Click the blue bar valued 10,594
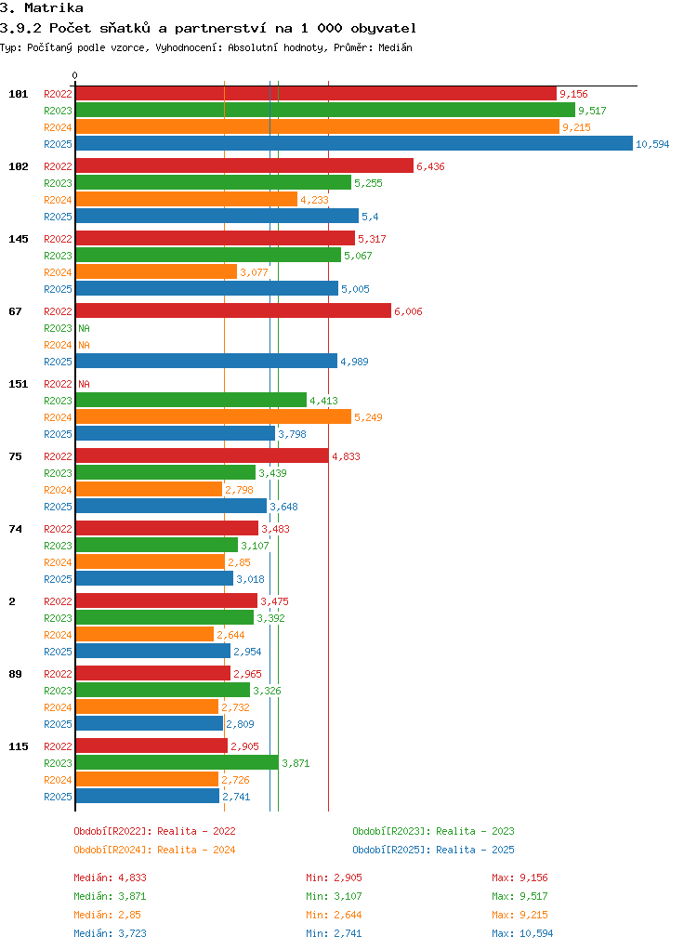pyautogui.click(x=354, y=143)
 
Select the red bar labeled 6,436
pyautogui.click(x=244, y=166)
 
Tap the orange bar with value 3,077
pyautogui.click(x=156, y=272)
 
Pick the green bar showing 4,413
pyautogui.click(x=191, y=401)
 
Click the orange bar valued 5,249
pyautogui.click(x=214, y=416)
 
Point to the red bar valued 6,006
pyautogui.click(x=234, y=311)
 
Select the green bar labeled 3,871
pyautogui.click(x=178, y=763)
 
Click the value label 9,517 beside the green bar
pyautogui.click(x=592, y=111)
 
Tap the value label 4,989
pyautogui.click(x=354, y=362)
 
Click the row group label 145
pyautogui.click(x=19, y=239)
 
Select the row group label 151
pyautogui.click(x=19, y=384)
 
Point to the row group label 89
pyautogui.click(x=15, y=674)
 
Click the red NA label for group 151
pyautogui.click(x=85, y=384)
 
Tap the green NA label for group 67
pyautogui.click(x=85, y=328)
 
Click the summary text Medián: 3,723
pyautogui.click(x=111, y=933)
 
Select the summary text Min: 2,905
pyautogui.click(x=334, y=877)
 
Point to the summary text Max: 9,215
pyautogui.click(x=519, y=915)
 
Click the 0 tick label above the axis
pyautogui.click(x=75, y=75)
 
